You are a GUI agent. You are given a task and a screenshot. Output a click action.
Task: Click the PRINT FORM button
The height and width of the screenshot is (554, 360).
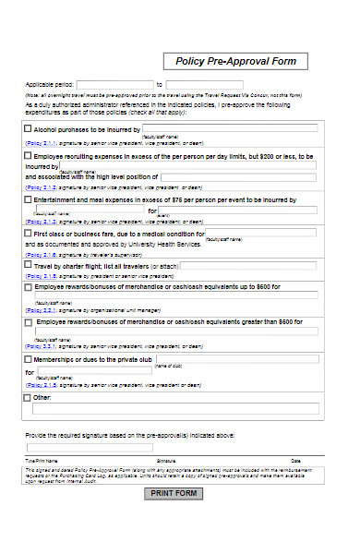pos(174,493)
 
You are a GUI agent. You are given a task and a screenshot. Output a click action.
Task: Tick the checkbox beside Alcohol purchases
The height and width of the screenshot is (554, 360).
pos(27,129)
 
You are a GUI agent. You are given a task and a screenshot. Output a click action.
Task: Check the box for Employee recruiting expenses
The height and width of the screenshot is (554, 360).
pos(27,155)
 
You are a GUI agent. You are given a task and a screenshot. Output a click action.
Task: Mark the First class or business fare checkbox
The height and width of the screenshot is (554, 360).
pos(27,233)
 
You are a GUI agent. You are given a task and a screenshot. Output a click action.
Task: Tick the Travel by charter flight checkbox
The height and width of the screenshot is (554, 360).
pos(27,265)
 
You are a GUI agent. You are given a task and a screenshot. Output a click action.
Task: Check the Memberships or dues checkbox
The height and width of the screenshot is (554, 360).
pos(27,358)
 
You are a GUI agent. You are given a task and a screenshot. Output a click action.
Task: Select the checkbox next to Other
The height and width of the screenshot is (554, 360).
pos(27,398)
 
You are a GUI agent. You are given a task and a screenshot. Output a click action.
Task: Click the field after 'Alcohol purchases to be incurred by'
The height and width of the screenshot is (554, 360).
pos(230,129)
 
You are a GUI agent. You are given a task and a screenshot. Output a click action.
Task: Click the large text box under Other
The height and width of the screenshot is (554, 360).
pos(175,408)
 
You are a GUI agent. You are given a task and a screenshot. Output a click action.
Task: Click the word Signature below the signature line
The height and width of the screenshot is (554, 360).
pos(166,459)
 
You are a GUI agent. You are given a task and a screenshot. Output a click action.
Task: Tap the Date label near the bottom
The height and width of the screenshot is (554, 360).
pos(295,459)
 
